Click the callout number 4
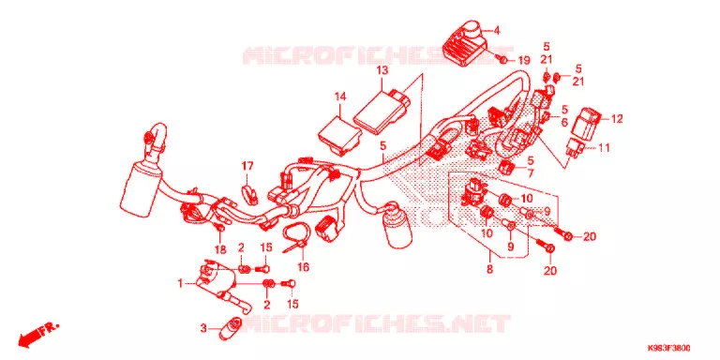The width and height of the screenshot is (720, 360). pyautogui.click(x=496, y=31)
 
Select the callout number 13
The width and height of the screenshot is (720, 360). pyautogui.click(x=382, y=70)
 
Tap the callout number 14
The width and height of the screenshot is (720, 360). pyautogui.click(x=339, y=97)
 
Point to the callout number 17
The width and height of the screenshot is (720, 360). pyautogui.click(x=247, y=165)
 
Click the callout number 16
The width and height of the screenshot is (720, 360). pyautogui.click(x=303, y=267)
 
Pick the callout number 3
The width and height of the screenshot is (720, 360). pyautogui.click(x=203, y=328)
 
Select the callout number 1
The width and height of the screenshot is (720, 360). pyautogui.click(x=180, y=284)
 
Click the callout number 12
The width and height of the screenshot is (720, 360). pyautogui.click(x=617, y=119)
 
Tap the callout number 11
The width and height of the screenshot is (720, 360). pyautogui.click(x=604, y=148)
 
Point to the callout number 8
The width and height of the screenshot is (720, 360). pyautogui.click(x=489, y=269)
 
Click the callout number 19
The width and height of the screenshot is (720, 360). pyautogui.click(x=524, y=61)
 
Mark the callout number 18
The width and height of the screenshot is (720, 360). pyautogui.click(x=220, y=249)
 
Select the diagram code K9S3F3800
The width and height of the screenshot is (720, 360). pyautogui.click(x=669, y=348)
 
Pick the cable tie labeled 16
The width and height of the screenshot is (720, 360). pyautogui.click(x=295, y=235)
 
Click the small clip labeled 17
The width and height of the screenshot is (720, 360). pyautogui.click(x=248, y=193)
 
